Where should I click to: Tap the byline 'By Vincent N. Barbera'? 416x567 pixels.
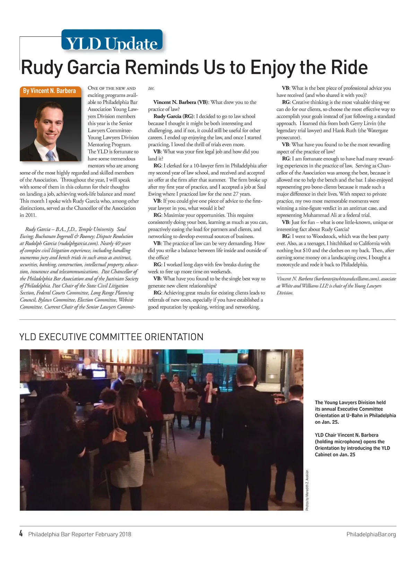click(49, 91)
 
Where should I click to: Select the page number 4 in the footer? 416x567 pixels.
click(21, 533)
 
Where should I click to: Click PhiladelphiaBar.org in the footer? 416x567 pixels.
click(371, 534)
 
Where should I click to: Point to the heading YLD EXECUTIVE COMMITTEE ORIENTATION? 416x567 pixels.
click(111, 337)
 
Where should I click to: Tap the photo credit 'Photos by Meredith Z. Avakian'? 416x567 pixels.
click(307, 490)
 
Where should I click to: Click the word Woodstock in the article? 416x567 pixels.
click(324, 236)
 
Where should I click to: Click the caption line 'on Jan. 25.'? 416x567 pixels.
click(327, 422)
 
